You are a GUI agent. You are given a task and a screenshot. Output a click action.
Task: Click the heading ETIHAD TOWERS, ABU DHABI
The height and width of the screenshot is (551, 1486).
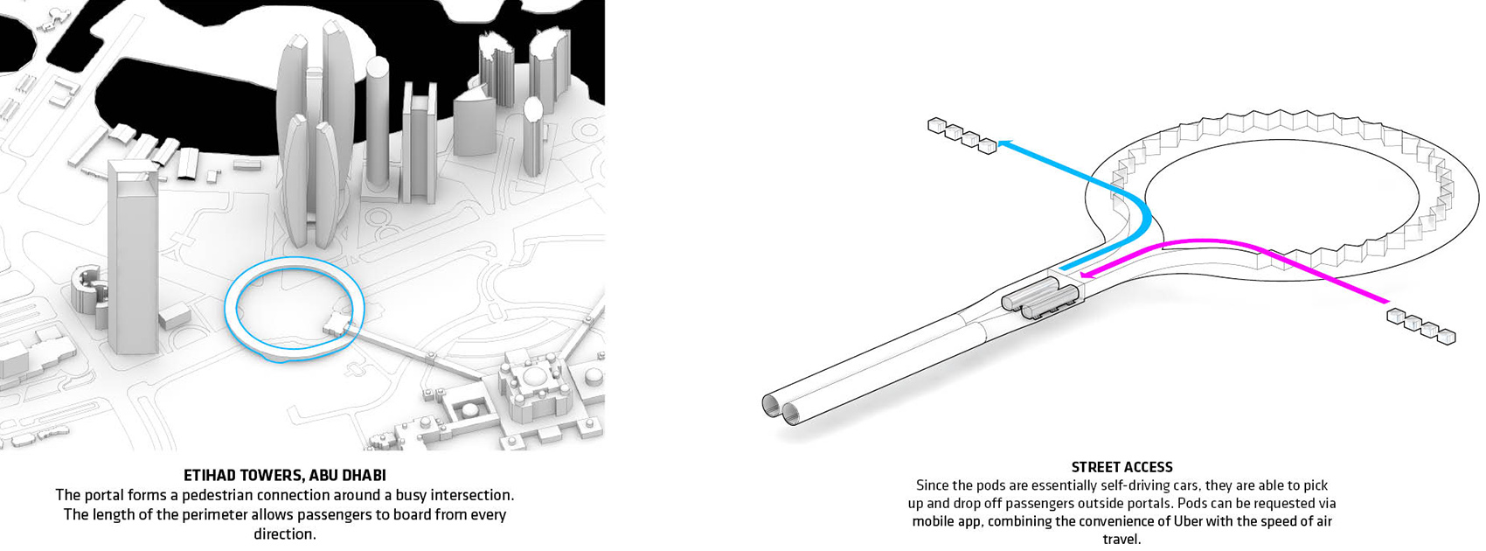[x=285, y=475]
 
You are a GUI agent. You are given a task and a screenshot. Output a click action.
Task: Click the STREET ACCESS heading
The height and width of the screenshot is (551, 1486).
[x=1121, y=467]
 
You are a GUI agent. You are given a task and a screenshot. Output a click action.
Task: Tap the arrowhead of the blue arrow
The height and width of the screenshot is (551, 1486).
[x=1003, y=142]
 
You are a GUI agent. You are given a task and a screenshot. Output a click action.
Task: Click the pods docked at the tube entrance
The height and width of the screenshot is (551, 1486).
[x=1040, y=301]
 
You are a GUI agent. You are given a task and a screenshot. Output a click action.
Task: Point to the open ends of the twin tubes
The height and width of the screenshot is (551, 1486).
[x=782, y=408]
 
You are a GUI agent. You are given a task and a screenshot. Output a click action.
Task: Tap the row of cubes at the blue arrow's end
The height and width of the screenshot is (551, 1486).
[x=962, y=136]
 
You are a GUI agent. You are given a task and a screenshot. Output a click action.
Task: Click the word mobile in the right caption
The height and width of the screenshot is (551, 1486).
[x=933, y=521]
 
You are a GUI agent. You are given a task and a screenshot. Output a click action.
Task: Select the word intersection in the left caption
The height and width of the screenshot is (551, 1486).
[x=469, y=495]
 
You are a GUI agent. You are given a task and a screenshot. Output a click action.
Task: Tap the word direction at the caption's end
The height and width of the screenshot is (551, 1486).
[x=285, y=534]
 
